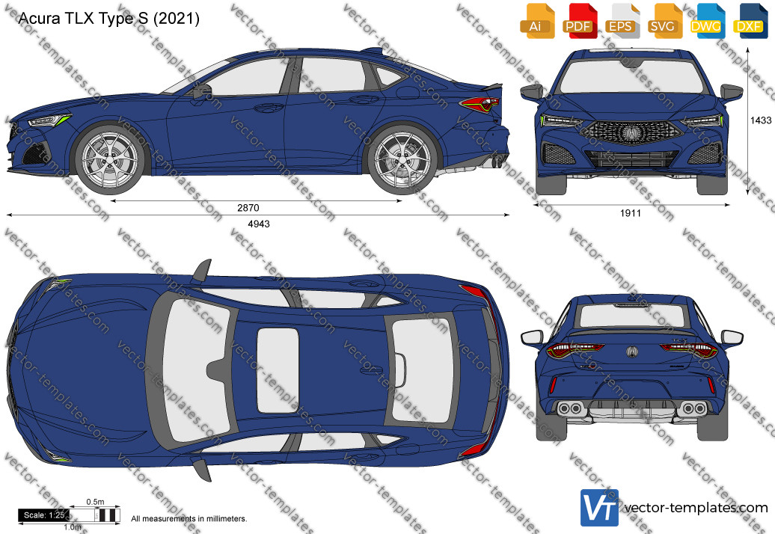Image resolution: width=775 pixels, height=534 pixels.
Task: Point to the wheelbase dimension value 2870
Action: click(248, 208)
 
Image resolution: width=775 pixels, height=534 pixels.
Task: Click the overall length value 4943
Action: click(259, 224)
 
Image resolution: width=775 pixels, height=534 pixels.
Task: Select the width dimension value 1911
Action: click(630, 213)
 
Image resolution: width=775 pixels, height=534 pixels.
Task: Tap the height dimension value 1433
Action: click(761, 120)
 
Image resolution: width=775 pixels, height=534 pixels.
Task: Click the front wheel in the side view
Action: click(110, 159)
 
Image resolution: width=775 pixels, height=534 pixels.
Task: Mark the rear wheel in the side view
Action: click(402, 159)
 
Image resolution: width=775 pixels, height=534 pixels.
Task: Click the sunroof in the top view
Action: click(278, 370)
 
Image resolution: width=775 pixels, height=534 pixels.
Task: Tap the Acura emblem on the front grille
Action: click(631, 132)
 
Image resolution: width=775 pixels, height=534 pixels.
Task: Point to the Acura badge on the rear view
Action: click(632, 352)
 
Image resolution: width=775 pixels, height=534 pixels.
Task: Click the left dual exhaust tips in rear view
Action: click(569, 408)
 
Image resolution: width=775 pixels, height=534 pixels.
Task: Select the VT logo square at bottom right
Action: click(599, 508)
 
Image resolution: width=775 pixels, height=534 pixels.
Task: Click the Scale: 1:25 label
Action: click(44, 515)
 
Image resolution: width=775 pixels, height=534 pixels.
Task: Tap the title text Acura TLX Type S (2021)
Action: click(108, 19)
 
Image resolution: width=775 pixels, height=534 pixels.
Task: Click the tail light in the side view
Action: click(479, 104)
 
